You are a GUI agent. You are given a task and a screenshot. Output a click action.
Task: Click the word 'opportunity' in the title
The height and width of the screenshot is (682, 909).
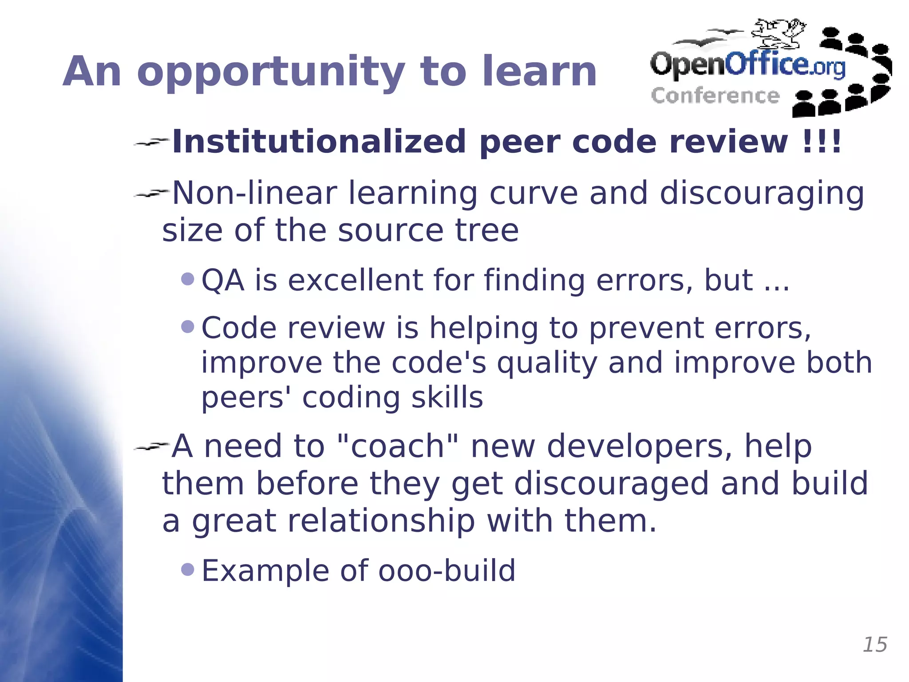(271, 72)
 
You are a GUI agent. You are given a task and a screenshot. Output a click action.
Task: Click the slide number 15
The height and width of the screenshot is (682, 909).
(875, 645)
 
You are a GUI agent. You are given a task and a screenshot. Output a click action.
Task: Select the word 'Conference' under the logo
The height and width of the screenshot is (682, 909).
(715, 96)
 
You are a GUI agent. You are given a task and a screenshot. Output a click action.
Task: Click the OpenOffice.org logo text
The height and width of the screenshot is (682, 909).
(747, 64)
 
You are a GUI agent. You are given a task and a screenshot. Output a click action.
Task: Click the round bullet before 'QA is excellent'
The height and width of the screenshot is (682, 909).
(188, 279)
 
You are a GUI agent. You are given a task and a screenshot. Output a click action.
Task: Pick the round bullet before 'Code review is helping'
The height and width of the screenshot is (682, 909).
(188, 327)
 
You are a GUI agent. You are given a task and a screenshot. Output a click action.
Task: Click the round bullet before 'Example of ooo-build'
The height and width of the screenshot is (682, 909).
(188, 569)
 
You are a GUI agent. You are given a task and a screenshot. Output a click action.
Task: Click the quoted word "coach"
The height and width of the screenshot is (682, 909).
(391, 446)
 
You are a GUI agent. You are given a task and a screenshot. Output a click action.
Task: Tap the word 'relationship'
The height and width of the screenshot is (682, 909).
(381, 521)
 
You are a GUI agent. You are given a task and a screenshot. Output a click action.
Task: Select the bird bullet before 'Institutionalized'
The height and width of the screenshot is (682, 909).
(151, 142)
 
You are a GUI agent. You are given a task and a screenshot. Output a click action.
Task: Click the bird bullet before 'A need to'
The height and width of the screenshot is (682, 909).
(151, 446)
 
